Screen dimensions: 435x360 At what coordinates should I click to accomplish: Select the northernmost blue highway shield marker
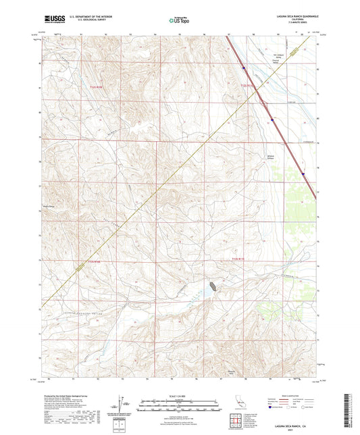[x=244, y=66]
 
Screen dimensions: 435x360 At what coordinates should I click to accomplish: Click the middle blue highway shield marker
[x=272, y=120]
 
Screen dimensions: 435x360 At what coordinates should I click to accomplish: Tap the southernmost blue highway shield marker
[x=303, y=173]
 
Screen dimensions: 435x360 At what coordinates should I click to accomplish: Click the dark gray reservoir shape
[x=213, y=286]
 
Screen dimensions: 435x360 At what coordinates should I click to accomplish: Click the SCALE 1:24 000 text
[x=179, y=396]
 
